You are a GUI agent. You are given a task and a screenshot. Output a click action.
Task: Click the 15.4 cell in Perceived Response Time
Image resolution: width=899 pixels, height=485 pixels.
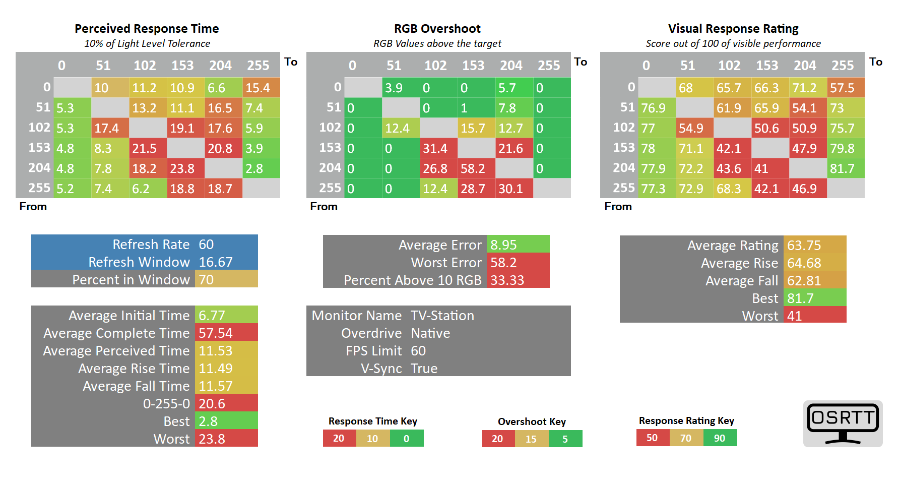261,88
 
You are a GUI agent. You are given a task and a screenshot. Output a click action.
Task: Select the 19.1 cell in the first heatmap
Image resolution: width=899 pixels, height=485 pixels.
185,128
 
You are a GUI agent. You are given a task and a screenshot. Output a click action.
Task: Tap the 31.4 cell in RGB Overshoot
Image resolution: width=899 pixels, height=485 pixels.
438,148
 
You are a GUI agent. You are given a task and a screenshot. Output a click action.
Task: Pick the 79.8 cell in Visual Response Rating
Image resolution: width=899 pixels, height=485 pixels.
846,148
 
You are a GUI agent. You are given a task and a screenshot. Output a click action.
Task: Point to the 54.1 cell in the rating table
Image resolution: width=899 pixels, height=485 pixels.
808,108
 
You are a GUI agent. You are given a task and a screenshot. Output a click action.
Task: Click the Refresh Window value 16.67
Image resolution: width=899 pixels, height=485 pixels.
216,262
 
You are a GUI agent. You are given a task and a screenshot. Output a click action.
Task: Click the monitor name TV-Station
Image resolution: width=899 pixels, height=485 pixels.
442,316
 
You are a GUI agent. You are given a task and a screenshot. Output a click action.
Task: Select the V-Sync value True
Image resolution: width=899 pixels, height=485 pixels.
424,369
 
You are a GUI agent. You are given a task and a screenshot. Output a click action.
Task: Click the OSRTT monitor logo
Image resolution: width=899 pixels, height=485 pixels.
843,423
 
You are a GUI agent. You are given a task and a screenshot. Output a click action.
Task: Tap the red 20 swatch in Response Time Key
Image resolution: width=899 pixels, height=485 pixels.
339,439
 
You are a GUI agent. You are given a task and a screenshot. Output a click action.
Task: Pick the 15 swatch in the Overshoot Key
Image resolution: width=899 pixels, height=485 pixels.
531,439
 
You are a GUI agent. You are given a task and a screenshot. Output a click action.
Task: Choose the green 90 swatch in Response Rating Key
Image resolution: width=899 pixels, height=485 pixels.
720,438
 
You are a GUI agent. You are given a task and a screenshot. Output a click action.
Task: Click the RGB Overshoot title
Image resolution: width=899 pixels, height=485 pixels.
437,29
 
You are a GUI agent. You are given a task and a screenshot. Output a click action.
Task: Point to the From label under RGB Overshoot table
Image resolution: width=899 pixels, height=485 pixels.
324,207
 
